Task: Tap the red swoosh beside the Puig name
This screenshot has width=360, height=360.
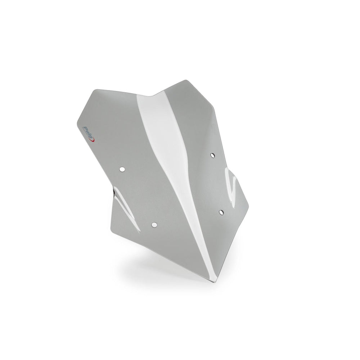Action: click(x=94, y=139)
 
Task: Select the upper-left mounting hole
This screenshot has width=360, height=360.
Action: click(x=122, y=169)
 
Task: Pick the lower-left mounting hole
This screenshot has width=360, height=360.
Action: click(x=154, y=224)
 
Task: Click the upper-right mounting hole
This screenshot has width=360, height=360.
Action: click(x=213, y=156)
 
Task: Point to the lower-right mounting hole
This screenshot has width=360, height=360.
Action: click(x=221, y=212)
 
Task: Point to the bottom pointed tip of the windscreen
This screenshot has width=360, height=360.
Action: click(x=214, y=282)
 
